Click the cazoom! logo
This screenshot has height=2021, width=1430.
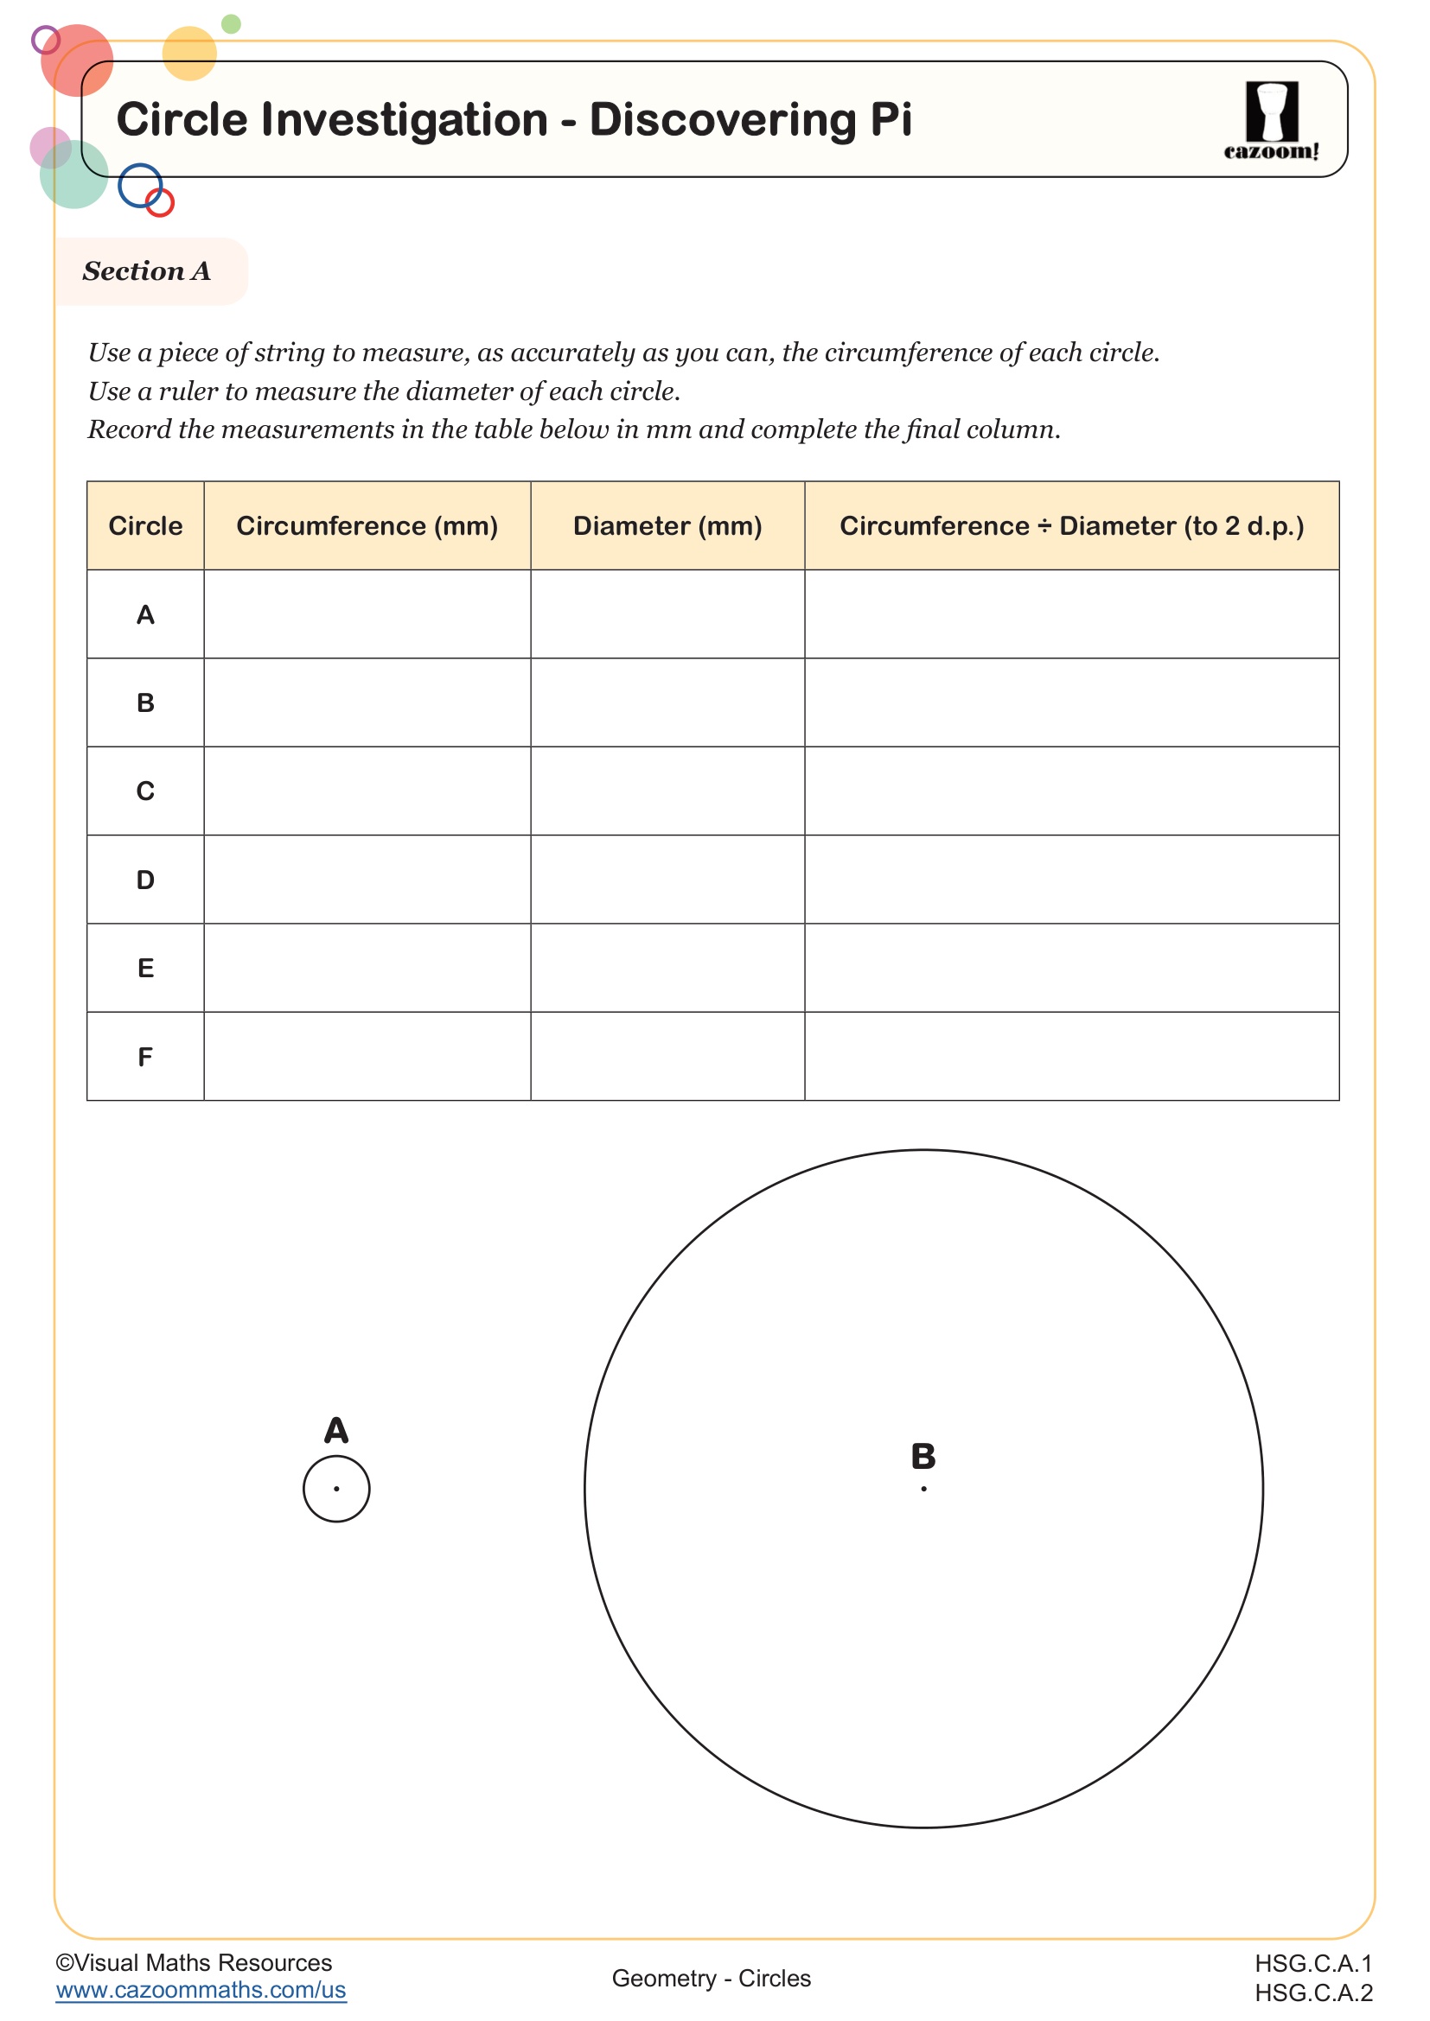coord(1271,121)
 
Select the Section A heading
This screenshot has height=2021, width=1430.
coord(147,271)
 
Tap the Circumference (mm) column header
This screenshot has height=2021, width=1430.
coord(367,526)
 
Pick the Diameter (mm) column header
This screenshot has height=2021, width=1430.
coord(667,526)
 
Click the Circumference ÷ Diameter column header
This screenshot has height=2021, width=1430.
coord(1070,526)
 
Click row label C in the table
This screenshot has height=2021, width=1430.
coord(145,791)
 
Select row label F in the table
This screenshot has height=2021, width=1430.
coord(145,1056)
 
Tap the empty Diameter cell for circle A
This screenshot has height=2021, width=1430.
coord(667,614)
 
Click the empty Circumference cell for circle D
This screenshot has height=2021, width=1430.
coord(367,880)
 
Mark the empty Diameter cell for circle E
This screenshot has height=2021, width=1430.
coord(667,969)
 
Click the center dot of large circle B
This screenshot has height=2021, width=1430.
coord(923,1489)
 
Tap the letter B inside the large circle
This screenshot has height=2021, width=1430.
coord(923,1457)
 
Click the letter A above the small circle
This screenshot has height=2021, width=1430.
coord(336,1430)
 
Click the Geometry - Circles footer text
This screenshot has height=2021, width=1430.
coord(711,1978)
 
